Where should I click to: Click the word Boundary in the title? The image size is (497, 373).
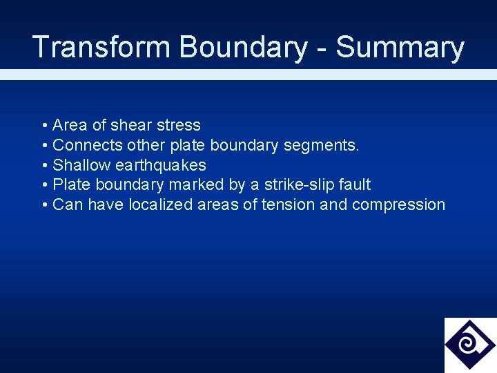coord(243,47)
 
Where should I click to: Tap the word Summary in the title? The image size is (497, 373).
coord(400,47)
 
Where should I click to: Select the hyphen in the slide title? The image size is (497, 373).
coord(322,48)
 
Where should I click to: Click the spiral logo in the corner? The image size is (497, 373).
coord(470,345)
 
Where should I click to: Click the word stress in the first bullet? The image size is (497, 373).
coord(179,125)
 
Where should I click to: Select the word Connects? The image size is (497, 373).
coord(88,145)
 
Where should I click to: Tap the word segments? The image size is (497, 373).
coord(329,146)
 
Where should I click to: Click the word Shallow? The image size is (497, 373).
coord(81,165)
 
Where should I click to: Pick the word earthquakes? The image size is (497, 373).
coord(161,165)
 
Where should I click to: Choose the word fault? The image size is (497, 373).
coord(355,184)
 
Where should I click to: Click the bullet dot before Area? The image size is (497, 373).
coord(44,126)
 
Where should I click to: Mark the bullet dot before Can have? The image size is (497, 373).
coord(44,205)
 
